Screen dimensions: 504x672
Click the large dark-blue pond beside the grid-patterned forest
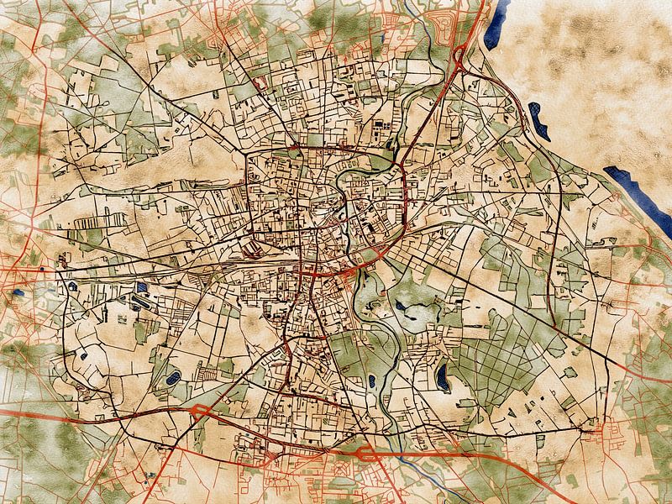[442, 377]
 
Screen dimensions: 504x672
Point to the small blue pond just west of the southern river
[370, 381]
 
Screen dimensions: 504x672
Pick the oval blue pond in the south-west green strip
[174, 379]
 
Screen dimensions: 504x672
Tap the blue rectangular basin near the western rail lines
[141, 288]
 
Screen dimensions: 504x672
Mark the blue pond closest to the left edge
[18, 293]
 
